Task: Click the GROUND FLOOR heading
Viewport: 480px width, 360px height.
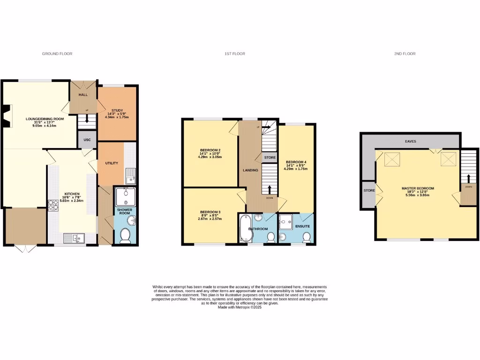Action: click(x=57, y=54)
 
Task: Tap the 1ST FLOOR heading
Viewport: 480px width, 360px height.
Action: click(x=234, y=54)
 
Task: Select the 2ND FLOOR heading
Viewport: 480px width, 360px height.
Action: click(x=405, y=54)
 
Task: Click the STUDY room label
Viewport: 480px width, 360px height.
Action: click(x=117, y=111)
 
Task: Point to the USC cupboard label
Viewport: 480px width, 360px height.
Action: click(x=87, y=140)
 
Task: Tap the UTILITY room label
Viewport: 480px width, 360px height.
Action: click(x=112, y=163)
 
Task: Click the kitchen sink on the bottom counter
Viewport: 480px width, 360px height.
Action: click(x=74, y=238)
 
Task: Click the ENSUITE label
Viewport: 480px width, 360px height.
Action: click(x=303, y=226)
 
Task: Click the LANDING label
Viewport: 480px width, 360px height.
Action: click(x=250, y=170)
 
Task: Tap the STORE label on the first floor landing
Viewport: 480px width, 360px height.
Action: click(x=270, y=157)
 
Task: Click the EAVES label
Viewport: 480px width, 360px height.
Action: click(x=411, y=141)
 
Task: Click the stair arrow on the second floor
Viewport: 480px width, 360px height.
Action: click(x=469, y=178)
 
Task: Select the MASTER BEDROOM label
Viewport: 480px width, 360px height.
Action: click(x=418, y=188)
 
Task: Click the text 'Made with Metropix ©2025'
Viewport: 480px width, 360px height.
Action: click(x=240, y=307)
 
